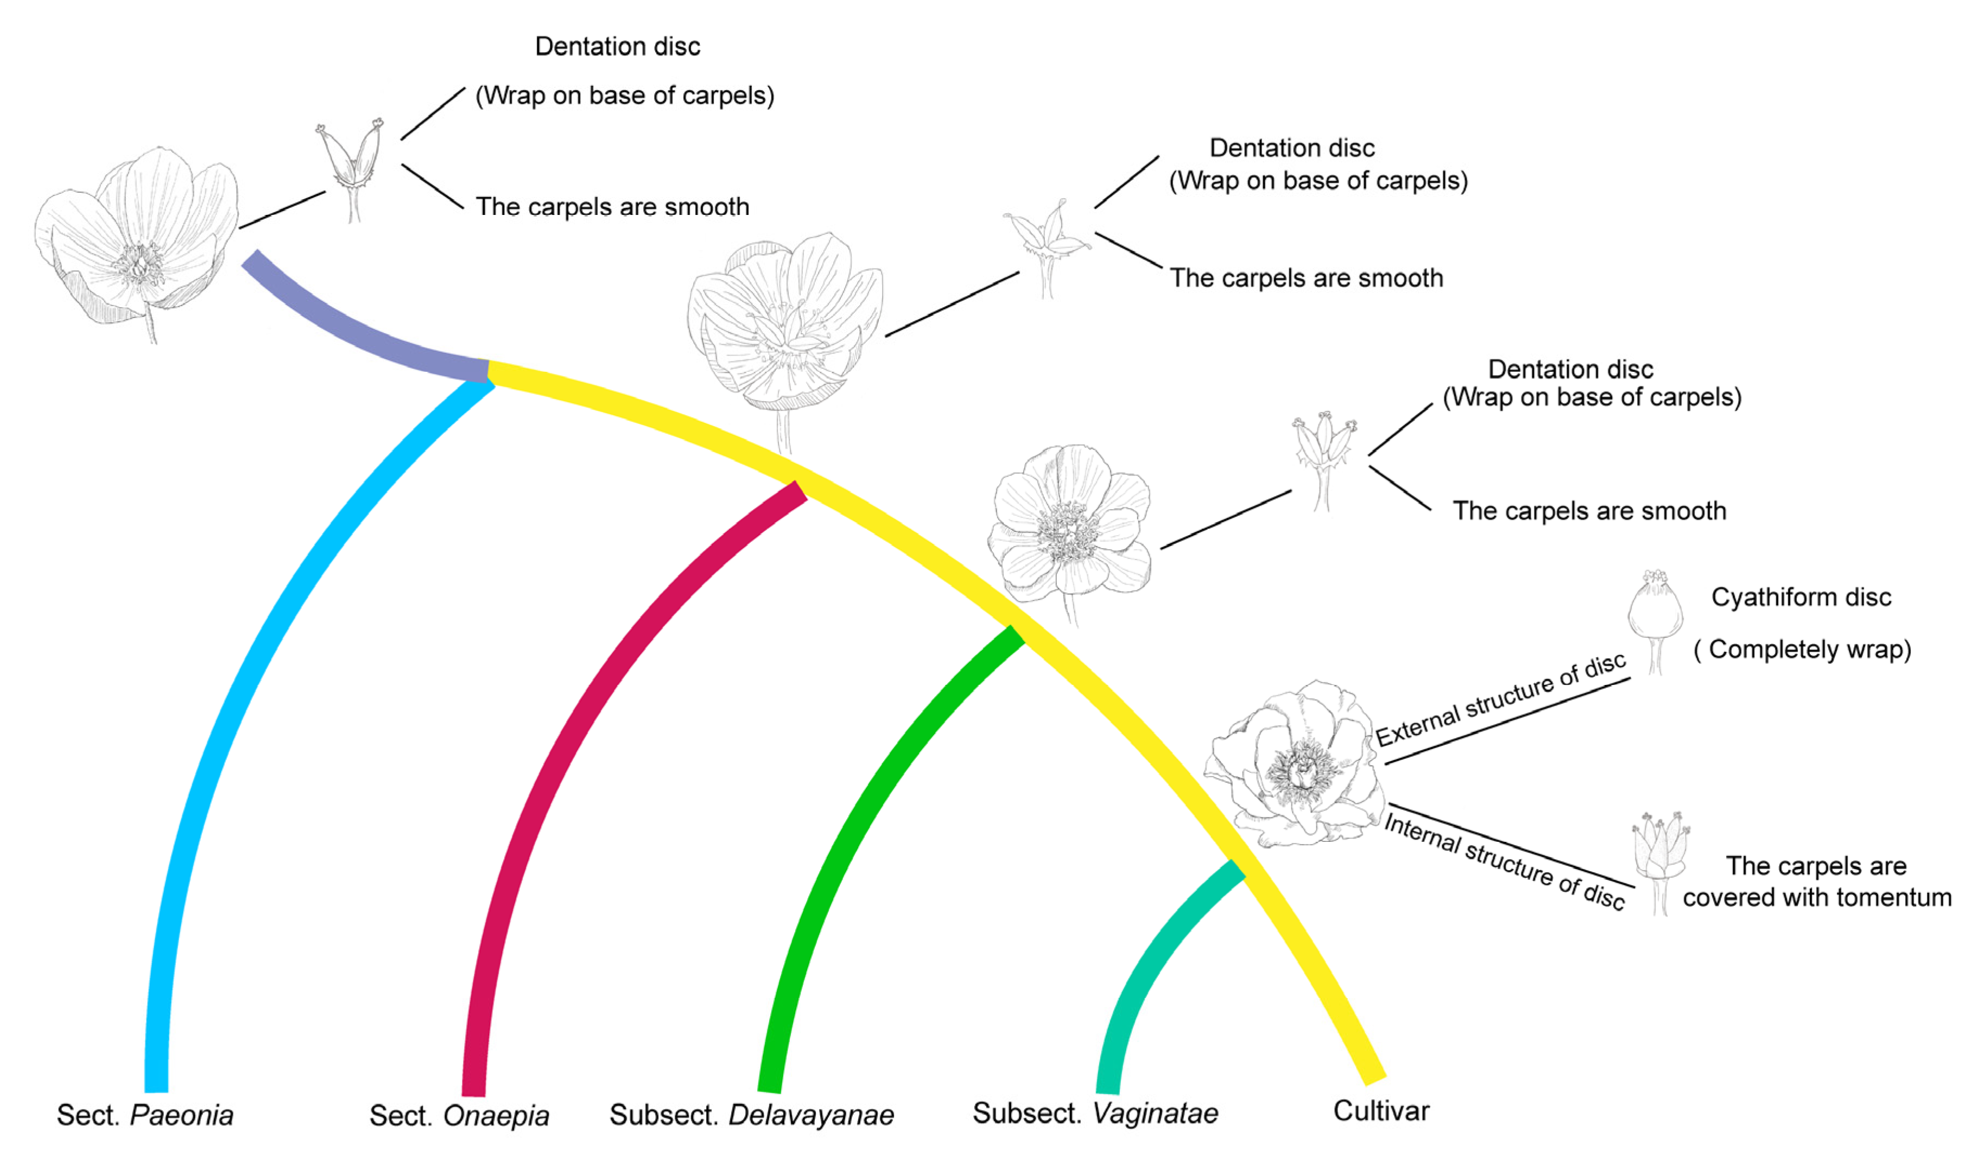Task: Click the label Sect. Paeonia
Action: [x=145, y=1115]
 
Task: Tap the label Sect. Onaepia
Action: [x=459, y=1115]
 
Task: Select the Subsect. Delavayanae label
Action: [x=751, y=1115]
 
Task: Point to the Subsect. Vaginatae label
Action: [x=1095, y=1113]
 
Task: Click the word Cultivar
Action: [x=1381, y=1111]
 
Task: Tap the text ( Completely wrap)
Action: [x=1802, y=649]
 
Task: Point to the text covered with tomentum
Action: [x=1816, y=897]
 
